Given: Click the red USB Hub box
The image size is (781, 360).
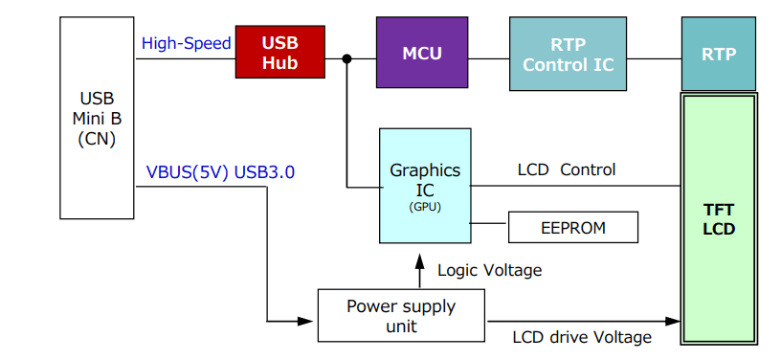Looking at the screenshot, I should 279,53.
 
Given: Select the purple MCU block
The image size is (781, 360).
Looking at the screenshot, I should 422,54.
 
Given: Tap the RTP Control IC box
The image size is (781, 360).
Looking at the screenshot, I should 568,54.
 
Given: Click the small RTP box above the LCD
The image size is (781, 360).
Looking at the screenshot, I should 718,54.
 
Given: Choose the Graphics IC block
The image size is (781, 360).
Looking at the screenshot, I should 425,185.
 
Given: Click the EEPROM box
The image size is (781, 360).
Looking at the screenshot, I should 571,228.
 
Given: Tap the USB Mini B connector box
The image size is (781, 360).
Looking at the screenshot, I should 97,118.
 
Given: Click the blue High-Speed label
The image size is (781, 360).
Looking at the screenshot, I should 186,43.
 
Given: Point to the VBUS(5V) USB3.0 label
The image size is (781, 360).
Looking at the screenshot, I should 220,172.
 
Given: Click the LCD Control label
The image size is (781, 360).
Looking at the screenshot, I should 567,170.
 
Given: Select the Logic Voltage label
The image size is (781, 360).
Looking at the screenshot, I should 489,270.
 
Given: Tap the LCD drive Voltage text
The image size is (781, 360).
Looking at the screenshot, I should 582,337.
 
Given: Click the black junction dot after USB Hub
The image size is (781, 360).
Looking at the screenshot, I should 346,59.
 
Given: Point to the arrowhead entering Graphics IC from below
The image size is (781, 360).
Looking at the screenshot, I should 417,259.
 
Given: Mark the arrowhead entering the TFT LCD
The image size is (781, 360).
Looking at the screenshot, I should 673,321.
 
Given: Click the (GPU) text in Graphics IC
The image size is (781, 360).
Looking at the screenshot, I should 425,206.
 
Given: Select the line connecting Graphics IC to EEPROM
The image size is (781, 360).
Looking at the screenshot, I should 489,224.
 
